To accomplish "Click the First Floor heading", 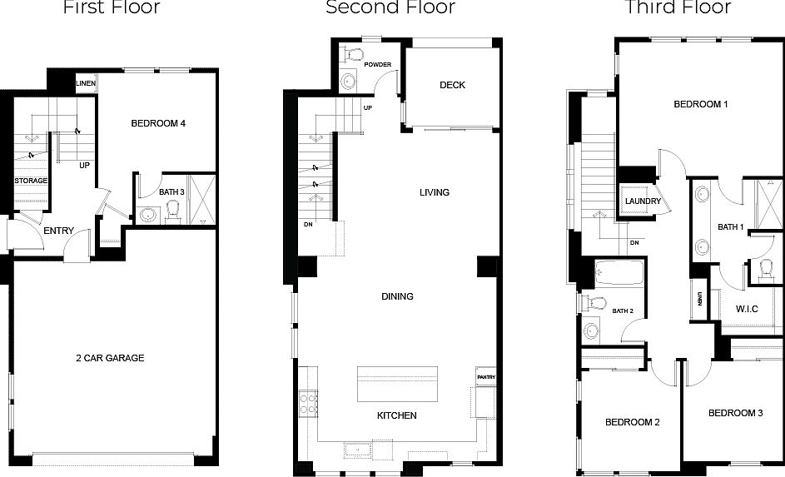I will click(x=112, y=8).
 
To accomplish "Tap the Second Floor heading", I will click(x=390, y=8).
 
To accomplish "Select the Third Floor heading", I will click(x=678, y=8).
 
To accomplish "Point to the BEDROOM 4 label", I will click(x=158, y=123).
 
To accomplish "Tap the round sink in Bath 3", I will click(x=147, y=215).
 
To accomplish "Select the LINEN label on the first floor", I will click(x=85, y=83).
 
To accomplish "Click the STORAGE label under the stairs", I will click(x=31, y=181).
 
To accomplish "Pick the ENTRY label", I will click(x=58, y=231).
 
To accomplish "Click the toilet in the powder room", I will click(x=355, y=53).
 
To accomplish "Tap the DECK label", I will click(x=452, y=85).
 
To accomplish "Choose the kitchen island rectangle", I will click(x=397, y=384).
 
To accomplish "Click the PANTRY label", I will click(x=486, y=377).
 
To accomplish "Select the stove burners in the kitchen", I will click(x=308, y=404).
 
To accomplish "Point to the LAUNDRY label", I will click(x=643, y=201).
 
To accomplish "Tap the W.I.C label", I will click(x=747, y=309).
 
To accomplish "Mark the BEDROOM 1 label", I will click(x=701, y=104).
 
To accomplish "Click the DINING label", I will click(x=397, y=296).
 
